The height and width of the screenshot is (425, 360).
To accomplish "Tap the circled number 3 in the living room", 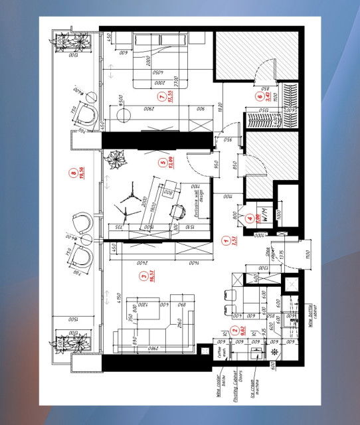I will coord(142,275).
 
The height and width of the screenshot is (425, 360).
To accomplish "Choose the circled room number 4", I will coord(250,218).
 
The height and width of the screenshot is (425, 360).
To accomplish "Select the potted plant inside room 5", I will coord(119,161).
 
